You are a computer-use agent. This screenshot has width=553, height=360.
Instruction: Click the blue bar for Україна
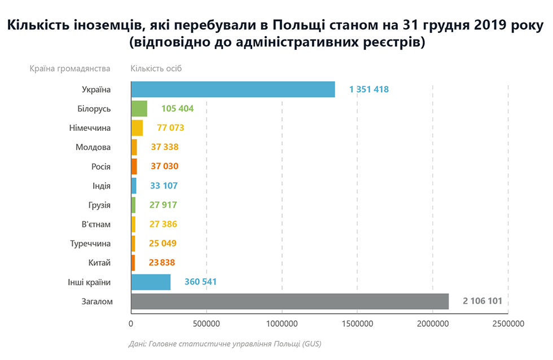pos(232,89)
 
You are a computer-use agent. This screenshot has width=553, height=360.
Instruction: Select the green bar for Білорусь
pos(139,108)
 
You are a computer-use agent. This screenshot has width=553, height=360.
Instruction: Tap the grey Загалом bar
pos(289,301)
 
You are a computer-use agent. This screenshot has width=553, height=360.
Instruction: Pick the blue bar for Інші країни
pos(151,282)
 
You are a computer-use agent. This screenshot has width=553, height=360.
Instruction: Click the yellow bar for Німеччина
pos(137,128)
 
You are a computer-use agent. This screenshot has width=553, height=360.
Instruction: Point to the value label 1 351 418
pos(369,89)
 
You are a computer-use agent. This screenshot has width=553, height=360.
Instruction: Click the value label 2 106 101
pos(482,301)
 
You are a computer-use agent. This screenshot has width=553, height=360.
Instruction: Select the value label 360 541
pos(200,282)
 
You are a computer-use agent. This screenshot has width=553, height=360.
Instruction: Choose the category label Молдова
pos(93,147)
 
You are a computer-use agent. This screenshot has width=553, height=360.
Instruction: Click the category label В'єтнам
pos(96,225)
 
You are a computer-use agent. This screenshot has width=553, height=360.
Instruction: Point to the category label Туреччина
pos(91,244)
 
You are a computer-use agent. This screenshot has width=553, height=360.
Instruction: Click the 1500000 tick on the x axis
pos(357,324)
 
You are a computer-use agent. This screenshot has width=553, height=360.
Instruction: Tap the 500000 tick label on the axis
pos(207,324)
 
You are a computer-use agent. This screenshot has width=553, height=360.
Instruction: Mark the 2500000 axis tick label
pos(508,324)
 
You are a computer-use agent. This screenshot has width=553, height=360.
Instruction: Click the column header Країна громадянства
pos(70,69)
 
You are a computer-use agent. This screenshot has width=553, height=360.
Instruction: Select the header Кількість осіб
pos(156,69)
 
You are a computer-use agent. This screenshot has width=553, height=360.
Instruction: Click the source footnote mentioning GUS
pos(225,343)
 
